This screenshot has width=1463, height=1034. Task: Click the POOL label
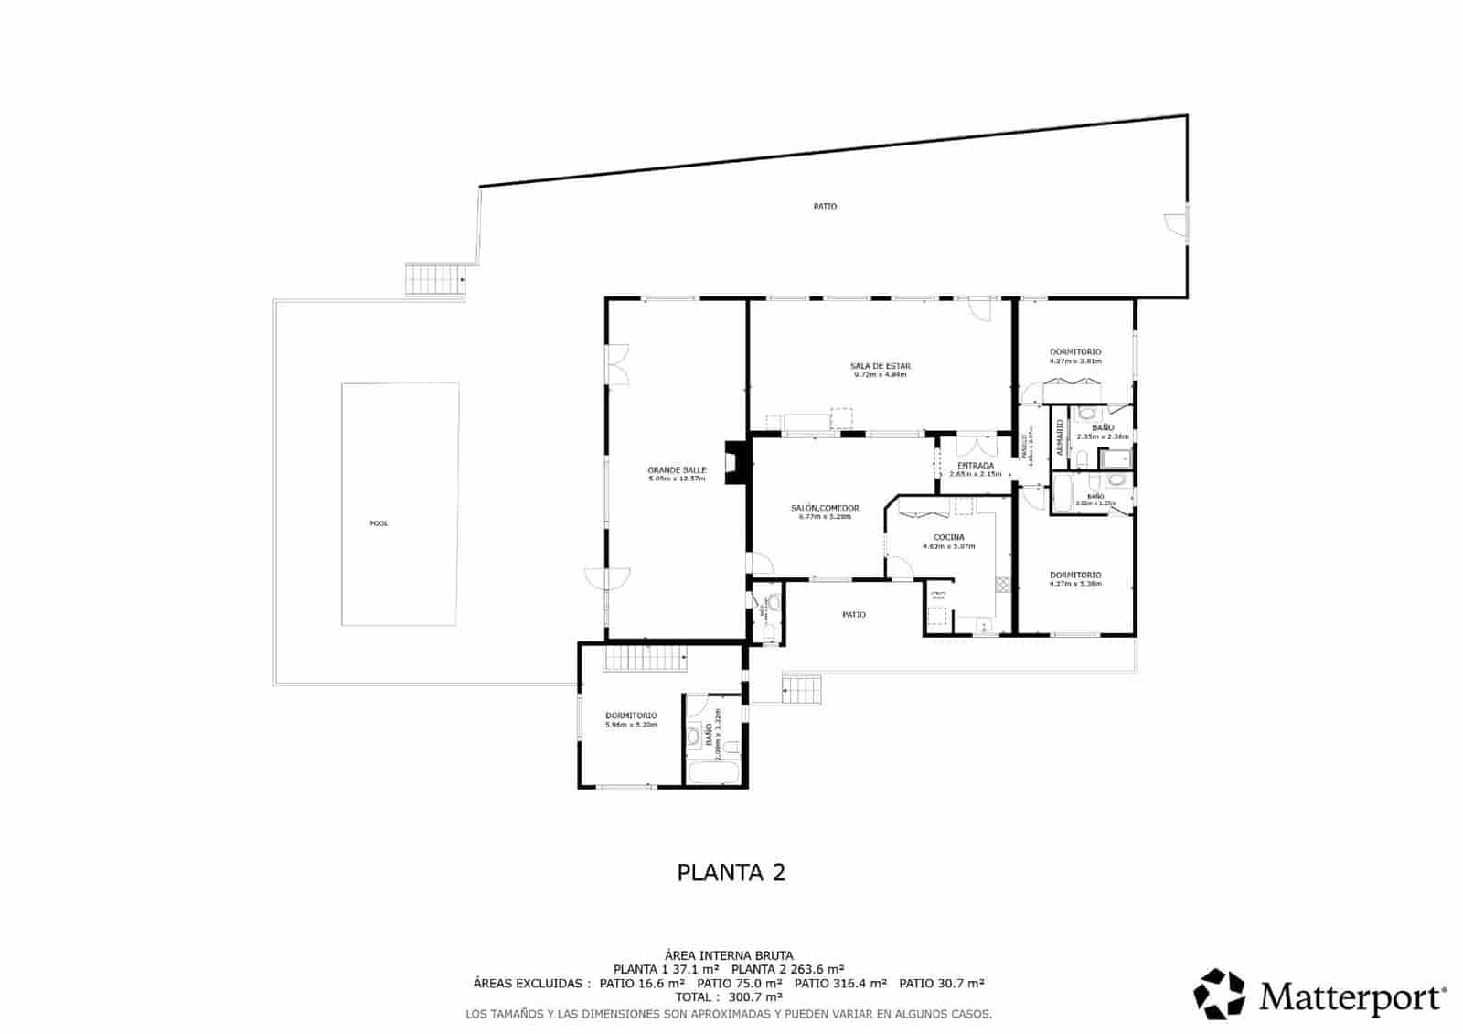point(378,523)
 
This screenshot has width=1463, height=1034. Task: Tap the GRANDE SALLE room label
point(677,470)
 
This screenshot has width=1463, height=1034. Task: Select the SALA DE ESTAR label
point(880,366)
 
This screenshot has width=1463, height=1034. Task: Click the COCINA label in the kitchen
point(948,538)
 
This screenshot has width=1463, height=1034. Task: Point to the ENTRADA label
point(976,466)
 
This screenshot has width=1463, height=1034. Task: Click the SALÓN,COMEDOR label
point(825,508)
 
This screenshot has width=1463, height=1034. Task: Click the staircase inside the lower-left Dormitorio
point(645,659)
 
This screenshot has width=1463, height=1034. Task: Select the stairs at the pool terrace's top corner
point(436,280)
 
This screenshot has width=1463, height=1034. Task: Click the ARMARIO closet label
point(1060,438)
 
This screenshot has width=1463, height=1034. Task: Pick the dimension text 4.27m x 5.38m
point(1075,583)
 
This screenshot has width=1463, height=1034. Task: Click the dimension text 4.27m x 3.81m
point(1075,361)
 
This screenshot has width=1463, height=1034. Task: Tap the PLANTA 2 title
point(731,872)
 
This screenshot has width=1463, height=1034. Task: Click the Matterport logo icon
point(1220,994)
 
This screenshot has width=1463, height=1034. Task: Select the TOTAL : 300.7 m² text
point(729,996)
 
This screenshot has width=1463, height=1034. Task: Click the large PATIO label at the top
point(825,207)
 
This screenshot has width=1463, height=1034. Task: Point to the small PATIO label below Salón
point(853,615)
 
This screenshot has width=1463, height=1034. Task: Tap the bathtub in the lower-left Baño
point(713,773)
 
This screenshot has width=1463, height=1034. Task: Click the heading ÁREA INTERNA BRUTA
point(729,955)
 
